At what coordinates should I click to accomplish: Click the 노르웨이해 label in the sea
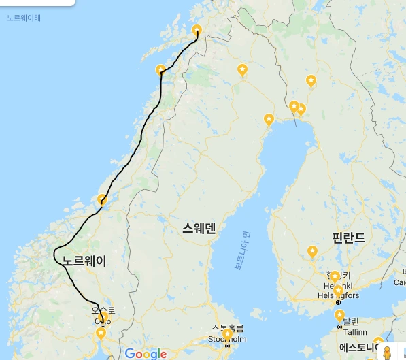point(24,18)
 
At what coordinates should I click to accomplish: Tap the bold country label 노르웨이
point(84,261)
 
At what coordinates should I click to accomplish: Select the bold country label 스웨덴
point(199,229)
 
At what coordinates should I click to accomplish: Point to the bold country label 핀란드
point(348,238)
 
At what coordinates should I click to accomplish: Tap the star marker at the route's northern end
point(197,31)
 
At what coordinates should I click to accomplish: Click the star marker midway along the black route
point(102,200)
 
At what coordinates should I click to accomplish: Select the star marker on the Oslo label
point(101,317)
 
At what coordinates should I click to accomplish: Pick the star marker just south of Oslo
point(101,333)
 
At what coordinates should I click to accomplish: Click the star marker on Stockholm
point(227,334)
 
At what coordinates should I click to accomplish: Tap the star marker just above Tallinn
point(339,315)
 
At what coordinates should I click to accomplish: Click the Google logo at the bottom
point(146,353)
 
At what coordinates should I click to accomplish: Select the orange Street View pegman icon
point(386,353)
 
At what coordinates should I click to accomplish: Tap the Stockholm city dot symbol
point(228,346)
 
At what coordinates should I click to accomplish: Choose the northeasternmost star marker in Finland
point(311,81)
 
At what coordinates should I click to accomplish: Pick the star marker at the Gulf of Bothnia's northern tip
point(269,120)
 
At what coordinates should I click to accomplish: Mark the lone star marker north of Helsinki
point(312,252)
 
